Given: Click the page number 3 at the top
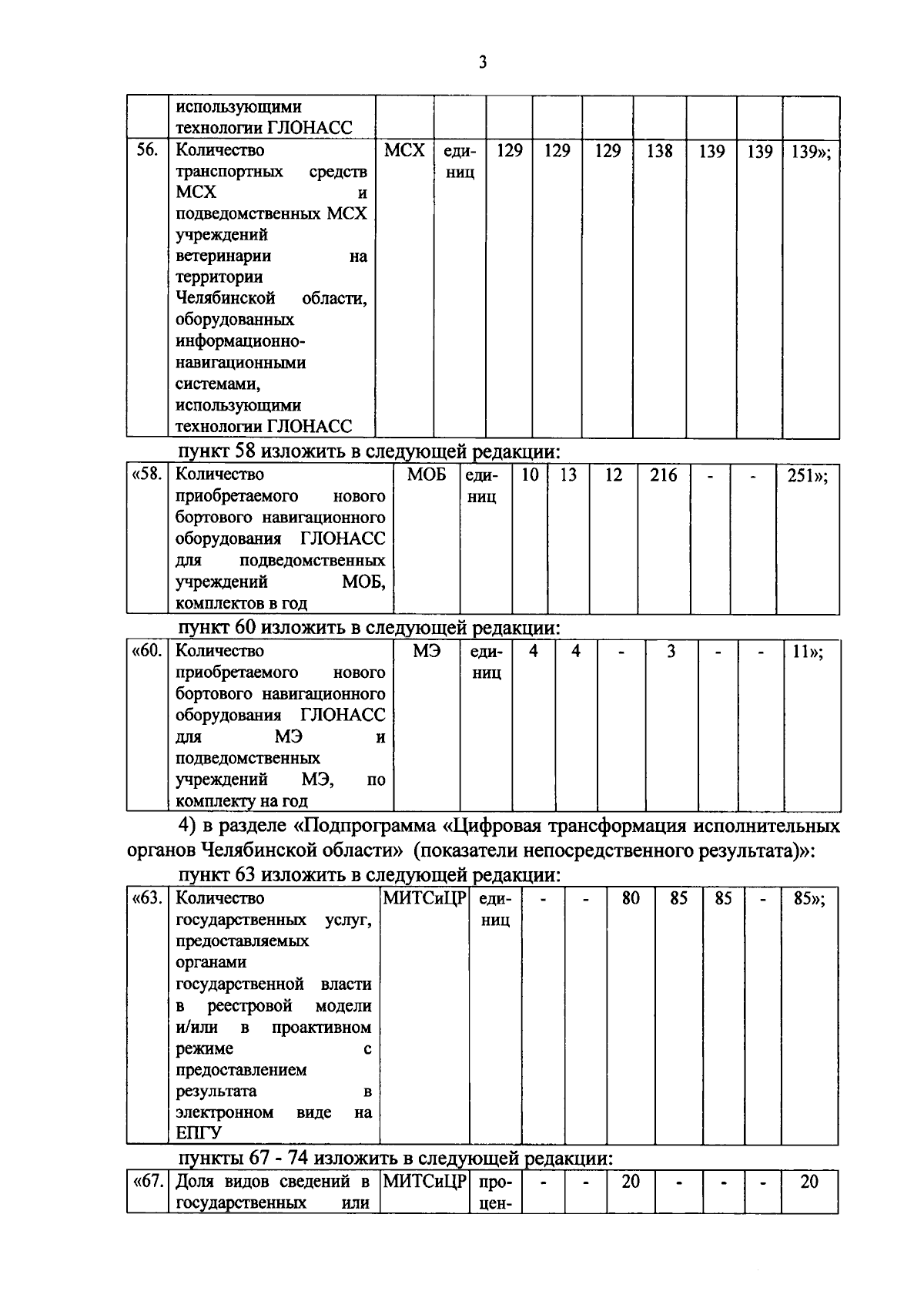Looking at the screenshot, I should [x=482, y=63].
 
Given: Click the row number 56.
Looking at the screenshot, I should [x=146, y=150].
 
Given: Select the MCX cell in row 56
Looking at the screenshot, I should [x=404, y=150].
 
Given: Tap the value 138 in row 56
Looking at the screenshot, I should [x=659, y=151].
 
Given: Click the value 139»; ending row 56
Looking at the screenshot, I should [x=811, y=152].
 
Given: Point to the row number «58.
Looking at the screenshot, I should [x=147, y=475].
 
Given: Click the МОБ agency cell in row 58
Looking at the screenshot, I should [x=427, y=475].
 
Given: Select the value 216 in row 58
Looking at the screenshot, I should [x=663, y=475].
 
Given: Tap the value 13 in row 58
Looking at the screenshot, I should [x=567, y=475].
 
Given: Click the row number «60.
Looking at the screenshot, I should [x=147, y=651].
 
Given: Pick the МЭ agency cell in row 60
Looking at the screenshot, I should [x=427, y=652].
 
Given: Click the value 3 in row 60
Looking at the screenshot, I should [x=671, y=652].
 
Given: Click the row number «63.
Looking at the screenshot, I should [x=147, y=897].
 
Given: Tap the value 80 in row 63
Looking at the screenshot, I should [x=631, y=898].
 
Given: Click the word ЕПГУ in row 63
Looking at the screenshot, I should [x=199, y=1133].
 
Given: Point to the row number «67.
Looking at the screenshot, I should [x=147, y=1182].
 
